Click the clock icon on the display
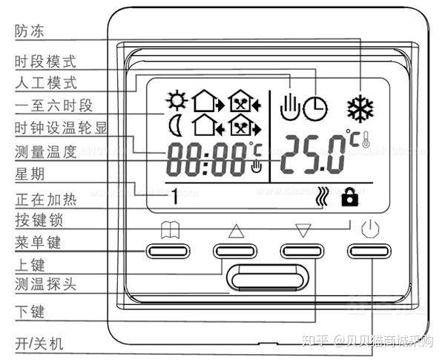tap(317, 108)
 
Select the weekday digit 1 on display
tap(176, 197)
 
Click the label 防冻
tap(29, 30)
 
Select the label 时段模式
tap(45, 61)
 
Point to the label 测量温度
tap(45, 152)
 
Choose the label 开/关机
tap(40, 343)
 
